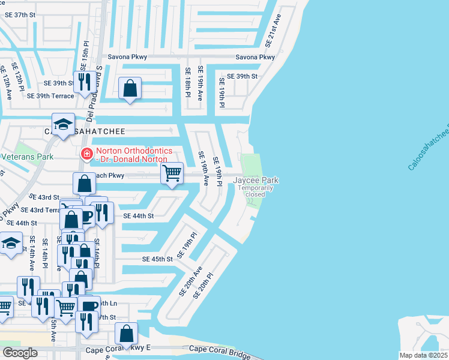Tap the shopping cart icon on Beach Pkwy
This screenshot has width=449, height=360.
(172, 173)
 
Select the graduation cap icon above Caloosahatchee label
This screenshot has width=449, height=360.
(63, 124)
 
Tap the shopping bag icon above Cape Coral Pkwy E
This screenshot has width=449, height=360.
(126, 333)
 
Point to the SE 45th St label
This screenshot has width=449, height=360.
(157, 259)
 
